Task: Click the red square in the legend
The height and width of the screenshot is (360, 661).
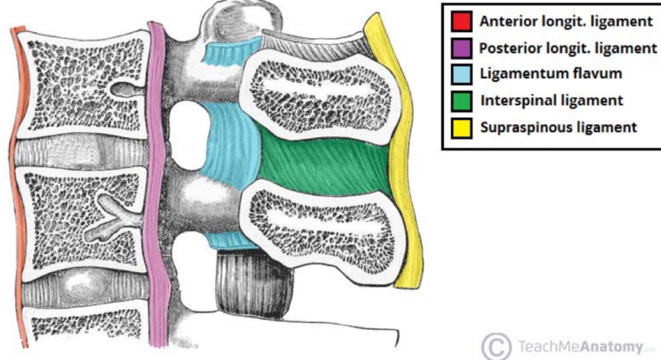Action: click(461, 23)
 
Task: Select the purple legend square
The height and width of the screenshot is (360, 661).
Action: click(461, 49)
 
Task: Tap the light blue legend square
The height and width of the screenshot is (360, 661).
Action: click(461, 75)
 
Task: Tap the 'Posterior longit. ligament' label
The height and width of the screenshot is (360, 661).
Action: click(568, 49)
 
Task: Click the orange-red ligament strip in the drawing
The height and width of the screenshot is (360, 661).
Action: click(17, 188)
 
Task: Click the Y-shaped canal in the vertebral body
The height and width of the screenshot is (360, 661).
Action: click(111, 218)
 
